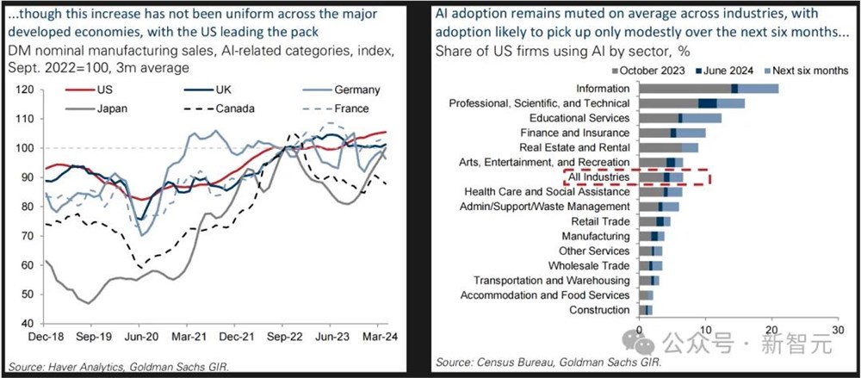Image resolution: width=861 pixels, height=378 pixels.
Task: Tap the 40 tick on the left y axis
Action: [26, 324]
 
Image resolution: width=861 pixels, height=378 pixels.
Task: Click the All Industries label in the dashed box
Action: [599, 177]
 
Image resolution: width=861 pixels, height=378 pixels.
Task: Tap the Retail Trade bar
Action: [653, 221]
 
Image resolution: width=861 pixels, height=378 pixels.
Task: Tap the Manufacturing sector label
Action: [598, 236]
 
